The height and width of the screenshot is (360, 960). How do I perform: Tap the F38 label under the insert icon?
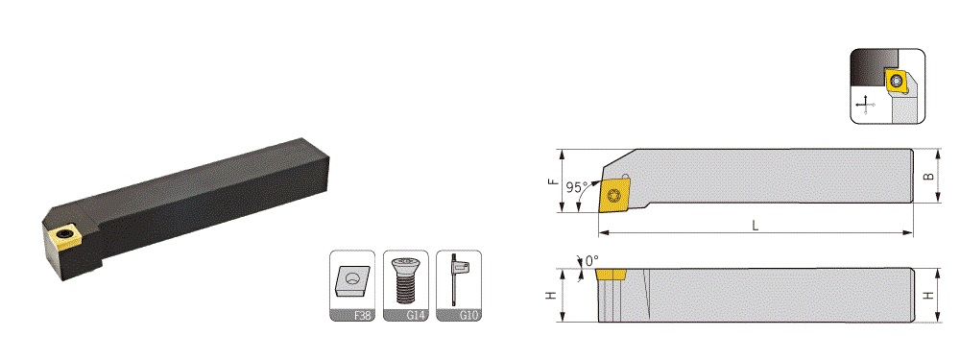click(362, 316)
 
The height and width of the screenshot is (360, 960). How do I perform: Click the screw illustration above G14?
click(406, 279)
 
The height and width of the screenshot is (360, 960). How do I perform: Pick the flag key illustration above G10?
click(457, 278)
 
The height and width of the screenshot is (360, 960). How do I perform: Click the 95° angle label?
click(576, 186)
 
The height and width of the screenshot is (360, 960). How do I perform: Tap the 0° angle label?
click(591, 261)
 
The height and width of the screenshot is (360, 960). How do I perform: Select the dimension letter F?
click(552, 181)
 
